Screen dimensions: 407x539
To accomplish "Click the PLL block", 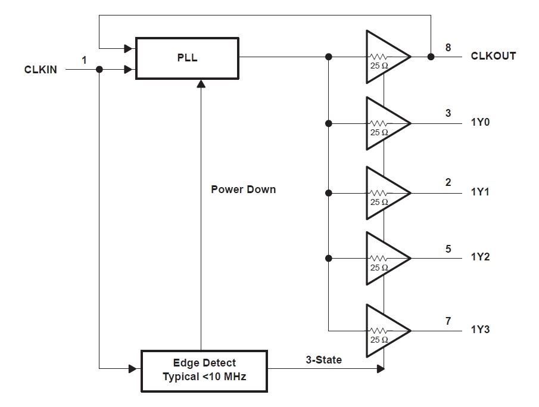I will coord(187,58).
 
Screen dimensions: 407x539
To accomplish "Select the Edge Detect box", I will coord(204,369).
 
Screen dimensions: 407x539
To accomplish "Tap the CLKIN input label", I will coord(40,70).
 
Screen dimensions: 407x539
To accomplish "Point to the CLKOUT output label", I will coord(493,56).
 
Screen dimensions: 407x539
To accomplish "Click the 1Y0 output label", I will coord(480,123).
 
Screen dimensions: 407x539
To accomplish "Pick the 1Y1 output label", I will coord(480,192).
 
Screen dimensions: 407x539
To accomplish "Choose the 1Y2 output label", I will coord(480,257).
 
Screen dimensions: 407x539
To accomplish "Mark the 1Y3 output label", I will coord(480,329).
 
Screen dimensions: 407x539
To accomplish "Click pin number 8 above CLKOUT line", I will coord(448,47).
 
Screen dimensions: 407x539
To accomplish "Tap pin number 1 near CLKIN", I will coord(84,60).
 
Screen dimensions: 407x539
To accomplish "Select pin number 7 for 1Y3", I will coord(448,321).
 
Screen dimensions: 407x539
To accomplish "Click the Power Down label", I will coord(244,189).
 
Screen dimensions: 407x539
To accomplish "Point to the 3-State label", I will coord(325,360).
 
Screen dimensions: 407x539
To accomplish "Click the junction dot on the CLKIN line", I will coord(99,70).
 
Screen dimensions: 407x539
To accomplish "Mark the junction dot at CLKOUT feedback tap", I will coord(430,57).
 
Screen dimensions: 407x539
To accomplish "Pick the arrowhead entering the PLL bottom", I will coord(201,84).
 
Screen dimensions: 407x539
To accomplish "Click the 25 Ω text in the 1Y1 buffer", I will coord(379,203).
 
